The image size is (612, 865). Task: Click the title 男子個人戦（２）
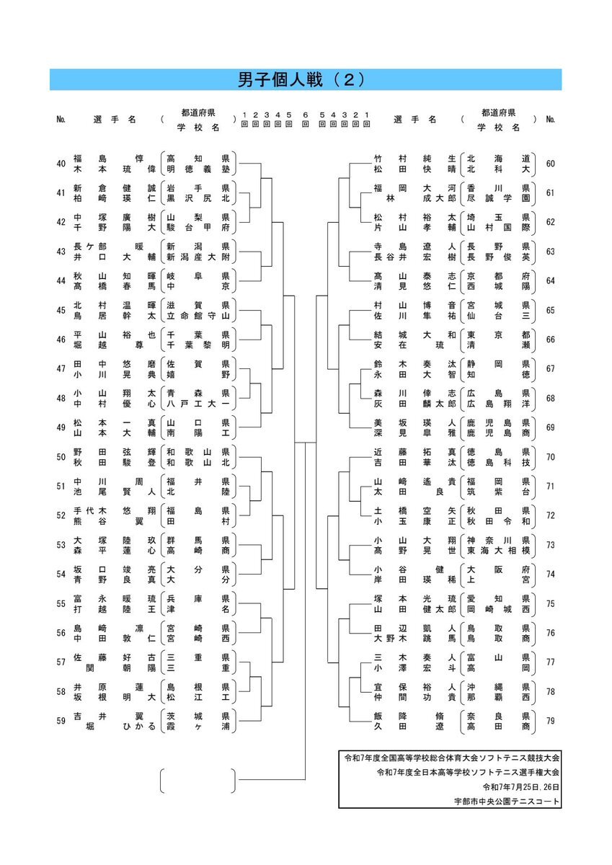coord(301,80)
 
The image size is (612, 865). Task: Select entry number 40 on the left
coord(61,164)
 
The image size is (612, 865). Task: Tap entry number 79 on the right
coord(551,721)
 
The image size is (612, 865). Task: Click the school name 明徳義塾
coord(198,169)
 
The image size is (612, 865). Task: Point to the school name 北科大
coord(499,169)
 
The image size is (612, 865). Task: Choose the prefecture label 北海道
coord(499,159)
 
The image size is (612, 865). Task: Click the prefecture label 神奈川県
coord(499,540)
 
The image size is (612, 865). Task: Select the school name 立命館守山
coord(198,316)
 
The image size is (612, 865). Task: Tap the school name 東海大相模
coord(499,551)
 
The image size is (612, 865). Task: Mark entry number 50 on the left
coord(61,457)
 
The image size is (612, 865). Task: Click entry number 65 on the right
coord(551,311)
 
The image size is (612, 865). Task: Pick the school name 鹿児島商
coord(499,433)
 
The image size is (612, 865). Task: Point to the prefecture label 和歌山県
coord(198,452)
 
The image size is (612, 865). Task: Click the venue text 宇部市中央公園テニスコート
coord(507,802)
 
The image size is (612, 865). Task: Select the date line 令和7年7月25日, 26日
coord(521,787)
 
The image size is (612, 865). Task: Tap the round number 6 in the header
coord(306,115)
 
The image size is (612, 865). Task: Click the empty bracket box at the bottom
coord(198,781)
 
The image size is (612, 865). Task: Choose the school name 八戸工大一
coord(198,404)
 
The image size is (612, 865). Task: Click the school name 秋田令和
coord(499,521)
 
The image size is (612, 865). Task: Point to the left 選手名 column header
coord(115,120)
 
